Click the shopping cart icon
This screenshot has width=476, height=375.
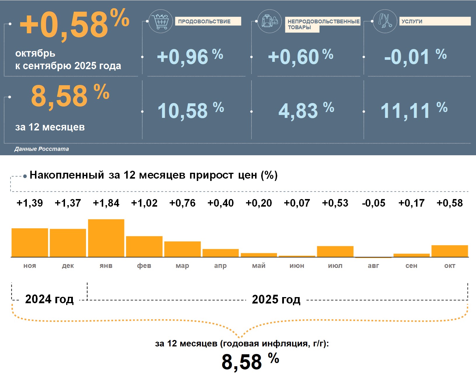point(160,21)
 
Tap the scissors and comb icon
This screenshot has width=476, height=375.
point(385,21)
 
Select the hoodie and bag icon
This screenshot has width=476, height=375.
point(270,21)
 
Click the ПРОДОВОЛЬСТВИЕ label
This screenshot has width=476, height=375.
point(204,21)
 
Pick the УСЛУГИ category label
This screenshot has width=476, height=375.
point(412,21)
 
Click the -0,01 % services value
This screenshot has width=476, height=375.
point(415,57)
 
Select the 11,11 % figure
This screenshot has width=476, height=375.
point(414,111)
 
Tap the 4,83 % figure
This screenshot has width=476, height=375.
point(306,111)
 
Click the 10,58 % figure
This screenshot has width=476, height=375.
point(191,111)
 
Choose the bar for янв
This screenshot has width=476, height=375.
point(106,238)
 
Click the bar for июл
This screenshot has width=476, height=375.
point(335,252)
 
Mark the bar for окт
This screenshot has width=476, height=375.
point(450,251)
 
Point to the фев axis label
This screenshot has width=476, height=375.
point(144,266)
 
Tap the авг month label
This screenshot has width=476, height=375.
point(373,266)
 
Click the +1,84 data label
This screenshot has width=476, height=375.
point(106,203)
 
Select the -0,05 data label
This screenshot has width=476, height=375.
point(373,203)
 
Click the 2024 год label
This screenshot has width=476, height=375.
point(49,299)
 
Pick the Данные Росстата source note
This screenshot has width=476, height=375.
point(42,149)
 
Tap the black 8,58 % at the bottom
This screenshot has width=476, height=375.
point(250,361)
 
